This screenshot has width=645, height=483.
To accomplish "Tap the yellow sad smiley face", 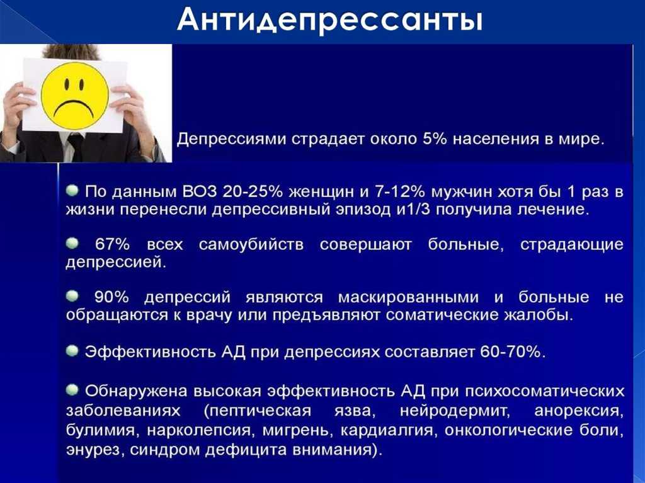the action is point(76,95).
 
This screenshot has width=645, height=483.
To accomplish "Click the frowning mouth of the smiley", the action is point(75,107).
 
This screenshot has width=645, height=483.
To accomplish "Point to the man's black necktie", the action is point(76,147).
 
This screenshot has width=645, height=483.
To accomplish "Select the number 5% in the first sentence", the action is point(435,139).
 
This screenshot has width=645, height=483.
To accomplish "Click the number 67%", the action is point(112,244).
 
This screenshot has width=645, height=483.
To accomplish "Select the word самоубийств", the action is point(251,244).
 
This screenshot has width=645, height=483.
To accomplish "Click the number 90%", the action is point(112,297).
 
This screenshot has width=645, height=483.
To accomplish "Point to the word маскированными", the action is point(408,297).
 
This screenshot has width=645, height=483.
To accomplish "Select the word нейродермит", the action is point(455,411).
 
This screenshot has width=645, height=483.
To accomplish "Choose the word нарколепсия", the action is point(198,430).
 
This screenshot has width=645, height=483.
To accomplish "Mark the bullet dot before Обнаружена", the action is point(72,390).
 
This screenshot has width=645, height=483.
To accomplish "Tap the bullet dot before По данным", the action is point(72,190).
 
